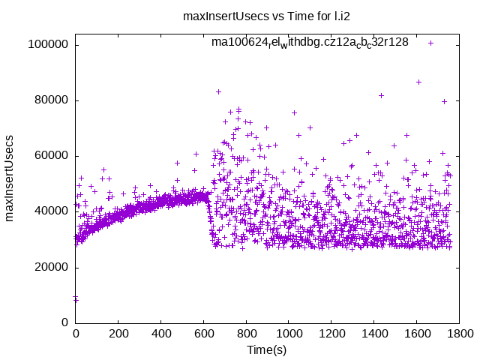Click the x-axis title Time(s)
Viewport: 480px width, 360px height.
point(267,350)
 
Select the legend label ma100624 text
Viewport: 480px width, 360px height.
point(310,42)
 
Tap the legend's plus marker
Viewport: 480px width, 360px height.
point(431,43)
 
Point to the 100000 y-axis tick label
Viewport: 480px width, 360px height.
point(48,44)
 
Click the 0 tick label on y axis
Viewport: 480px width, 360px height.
point(66,322)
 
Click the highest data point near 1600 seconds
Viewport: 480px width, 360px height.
point(418,82)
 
